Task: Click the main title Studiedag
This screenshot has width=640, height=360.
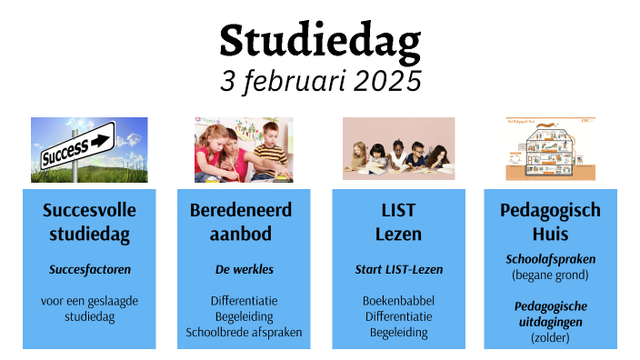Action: coord(320,41)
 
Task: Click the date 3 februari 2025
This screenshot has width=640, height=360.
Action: coord(320,80)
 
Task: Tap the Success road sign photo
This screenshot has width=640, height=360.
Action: coord(89,149)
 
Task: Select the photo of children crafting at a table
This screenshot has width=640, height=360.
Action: coord(243,149)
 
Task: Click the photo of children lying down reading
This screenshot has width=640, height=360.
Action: coord(398,149)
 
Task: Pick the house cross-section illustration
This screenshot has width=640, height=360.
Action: coord(550,149)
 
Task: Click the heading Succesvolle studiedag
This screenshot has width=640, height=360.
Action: coord(89,222)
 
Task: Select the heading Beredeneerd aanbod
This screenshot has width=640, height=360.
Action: coord(241,222)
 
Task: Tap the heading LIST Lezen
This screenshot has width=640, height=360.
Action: coord(398,222)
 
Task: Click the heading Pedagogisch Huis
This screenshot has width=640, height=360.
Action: coord(550,222)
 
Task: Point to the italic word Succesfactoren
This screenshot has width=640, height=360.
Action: coord(89,269)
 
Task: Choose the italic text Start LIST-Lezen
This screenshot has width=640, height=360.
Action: coord(398,269)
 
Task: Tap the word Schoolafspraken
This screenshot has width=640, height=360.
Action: coord(550,259)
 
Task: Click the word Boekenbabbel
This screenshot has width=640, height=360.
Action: coord(398,300)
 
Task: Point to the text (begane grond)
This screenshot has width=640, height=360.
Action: coord(550,274)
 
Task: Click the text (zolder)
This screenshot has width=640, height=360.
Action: coord(550,337)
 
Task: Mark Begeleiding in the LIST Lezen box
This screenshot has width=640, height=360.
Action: coord(398,332)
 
